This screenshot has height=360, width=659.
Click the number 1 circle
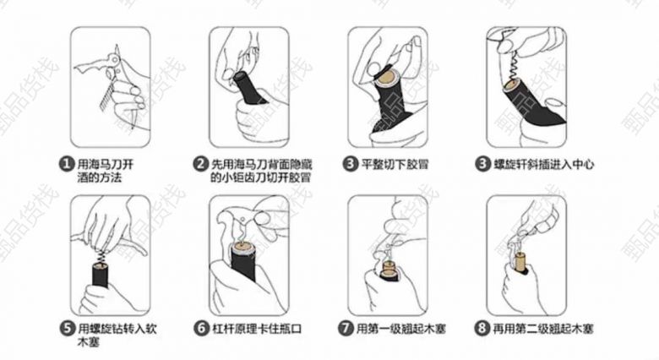[x=66, y=164]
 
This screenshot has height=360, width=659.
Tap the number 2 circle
[x=200, y=164]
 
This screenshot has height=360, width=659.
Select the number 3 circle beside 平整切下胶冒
[x=349, y=164]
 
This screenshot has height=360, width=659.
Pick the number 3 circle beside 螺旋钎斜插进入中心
[x=482, y=164]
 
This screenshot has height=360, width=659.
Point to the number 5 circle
[x=68, y=328]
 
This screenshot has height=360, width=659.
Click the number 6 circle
[x=201, y=328]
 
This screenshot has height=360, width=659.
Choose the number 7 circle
[x=346, y=328]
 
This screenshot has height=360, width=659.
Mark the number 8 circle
[x=482, y=328]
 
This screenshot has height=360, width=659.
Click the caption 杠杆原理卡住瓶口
[x=256, y=329]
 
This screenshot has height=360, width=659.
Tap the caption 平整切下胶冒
[x=395, y=164]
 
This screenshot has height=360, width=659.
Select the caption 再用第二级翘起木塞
[x=543, y=329]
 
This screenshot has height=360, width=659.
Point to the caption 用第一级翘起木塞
[x=401, y=329]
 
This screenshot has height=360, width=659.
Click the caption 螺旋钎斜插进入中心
[x=543, y=164]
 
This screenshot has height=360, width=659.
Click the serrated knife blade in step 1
[x=108, y=95]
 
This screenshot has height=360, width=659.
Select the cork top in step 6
[x=242, y=248]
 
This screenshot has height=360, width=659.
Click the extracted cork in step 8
[x=520, y=263]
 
